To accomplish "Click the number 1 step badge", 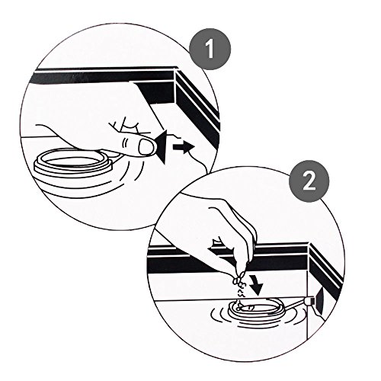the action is [210, 49].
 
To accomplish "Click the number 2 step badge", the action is [309, 181].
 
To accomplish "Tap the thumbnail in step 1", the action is [146, 147].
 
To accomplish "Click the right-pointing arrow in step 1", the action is [184, 147].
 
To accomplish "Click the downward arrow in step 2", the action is [256, 285].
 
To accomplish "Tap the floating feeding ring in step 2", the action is [257, 310].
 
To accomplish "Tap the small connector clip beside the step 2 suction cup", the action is [309, 302].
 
